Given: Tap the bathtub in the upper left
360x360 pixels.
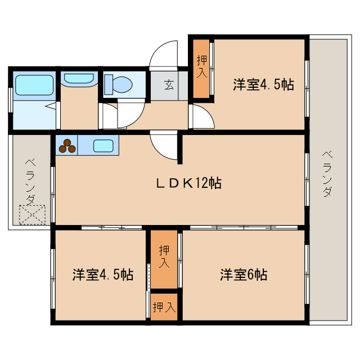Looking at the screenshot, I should (33, 85).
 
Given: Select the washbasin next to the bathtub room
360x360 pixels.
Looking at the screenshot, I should (79, 79).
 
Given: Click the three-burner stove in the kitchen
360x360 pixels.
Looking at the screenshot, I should (67, 145).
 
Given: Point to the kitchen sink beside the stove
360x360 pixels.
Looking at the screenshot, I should (103, 146).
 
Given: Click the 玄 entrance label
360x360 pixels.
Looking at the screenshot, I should (169, 85).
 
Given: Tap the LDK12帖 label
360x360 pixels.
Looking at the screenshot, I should (188, 183).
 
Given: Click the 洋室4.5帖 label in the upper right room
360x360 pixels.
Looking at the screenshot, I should (263, 85).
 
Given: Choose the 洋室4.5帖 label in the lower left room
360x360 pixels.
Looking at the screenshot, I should (102, 275).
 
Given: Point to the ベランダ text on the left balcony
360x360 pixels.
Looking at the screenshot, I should (30, 182).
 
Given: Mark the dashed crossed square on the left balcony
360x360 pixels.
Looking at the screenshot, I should (31, 214).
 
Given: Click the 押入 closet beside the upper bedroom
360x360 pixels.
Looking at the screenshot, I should (201, 68).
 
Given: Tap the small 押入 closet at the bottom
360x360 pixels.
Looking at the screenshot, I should (164, 307).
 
